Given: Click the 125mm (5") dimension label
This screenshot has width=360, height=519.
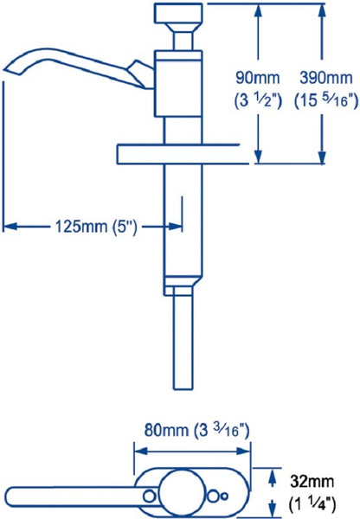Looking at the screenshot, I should (92, 226).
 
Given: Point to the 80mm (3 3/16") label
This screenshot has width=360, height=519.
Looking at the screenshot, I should (191, 428).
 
